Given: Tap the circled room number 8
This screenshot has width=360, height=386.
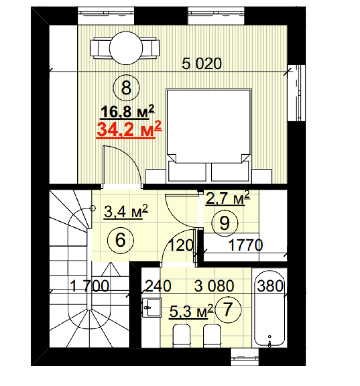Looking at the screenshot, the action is point(126,87).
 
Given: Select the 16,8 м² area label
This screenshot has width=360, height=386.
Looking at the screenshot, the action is point(128,112).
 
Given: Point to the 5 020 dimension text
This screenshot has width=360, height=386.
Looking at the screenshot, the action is point(202,63).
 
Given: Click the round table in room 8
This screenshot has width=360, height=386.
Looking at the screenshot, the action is point(126,48).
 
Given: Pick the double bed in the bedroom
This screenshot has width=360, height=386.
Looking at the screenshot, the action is point(209,136).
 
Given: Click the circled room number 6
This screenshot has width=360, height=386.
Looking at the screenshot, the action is point(120,240).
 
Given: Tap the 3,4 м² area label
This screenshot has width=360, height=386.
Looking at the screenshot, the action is point(126,211).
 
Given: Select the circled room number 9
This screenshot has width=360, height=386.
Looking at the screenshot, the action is point(225,223).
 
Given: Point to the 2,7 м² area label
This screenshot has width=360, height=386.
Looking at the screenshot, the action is point(228,198).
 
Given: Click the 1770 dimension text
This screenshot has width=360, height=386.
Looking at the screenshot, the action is point(245,245).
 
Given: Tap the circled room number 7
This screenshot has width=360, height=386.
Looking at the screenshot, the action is point(228,309).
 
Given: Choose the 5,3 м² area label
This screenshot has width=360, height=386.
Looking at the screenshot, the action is point(191,311).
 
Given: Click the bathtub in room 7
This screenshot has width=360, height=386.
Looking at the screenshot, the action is point(270,308).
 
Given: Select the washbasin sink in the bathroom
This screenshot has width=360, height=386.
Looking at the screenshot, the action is point(152,308).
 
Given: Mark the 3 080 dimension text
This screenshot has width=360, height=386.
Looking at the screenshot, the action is point(214,286).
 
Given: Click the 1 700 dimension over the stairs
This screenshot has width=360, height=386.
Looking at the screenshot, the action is point(89,286).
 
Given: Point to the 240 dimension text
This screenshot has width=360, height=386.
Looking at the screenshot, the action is point(158,286).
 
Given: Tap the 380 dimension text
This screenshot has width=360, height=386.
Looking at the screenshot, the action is point(270,286).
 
